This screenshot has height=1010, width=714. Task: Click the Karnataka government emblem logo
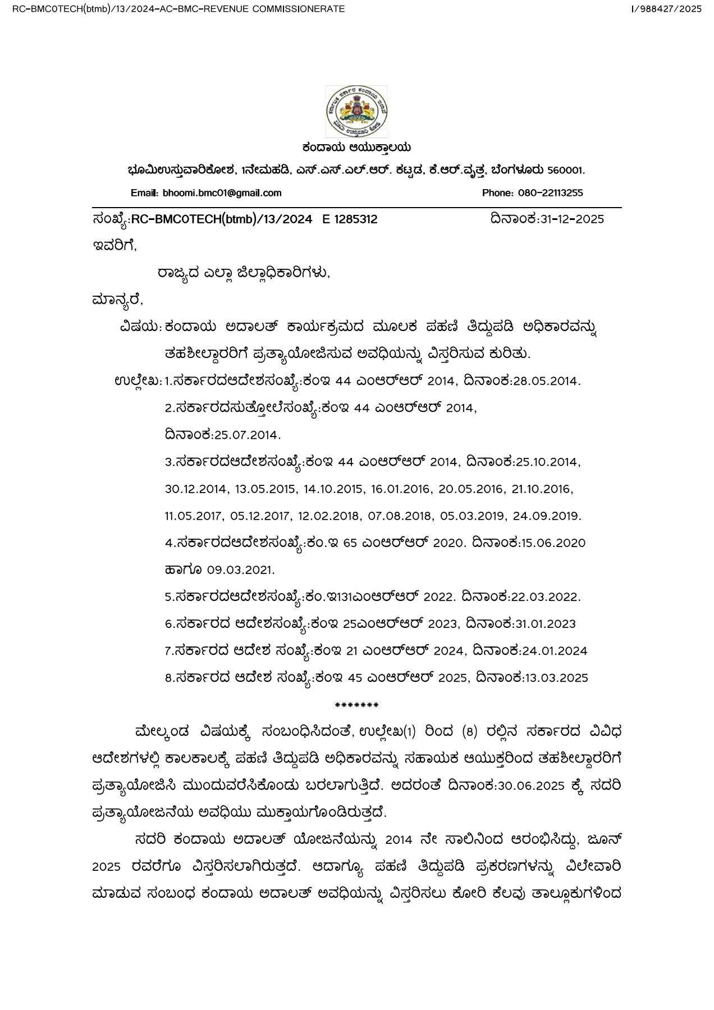pos(356,112)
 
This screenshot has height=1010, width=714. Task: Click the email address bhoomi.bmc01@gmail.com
pos(222,193)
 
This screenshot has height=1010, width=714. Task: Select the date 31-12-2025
pos(572,219)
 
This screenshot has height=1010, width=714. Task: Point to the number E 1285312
pos(350,219)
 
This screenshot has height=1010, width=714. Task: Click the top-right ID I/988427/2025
pos(666,9)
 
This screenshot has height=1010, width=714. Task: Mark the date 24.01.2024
pos(555,651)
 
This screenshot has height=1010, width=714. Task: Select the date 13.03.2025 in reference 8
pos(556,678)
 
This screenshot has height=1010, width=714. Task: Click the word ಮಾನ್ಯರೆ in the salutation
pos(117,300)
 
